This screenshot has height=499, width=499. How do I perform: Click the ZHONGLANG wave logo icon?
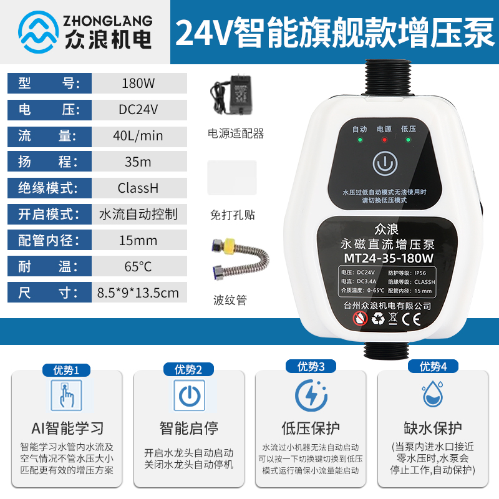39,31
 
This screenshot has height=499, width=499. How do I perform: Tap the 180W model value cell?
138,84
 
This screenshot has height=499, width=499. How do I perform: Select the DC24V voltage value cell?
138,110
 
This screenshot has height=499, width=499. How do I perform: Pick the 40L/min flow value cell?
138,136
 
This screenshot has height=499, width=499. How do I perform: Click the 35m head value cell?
138,162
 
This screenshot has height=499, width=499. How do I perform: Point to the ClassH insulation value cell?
138,188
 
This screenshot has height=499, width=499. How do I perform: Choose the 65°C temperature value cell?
138,266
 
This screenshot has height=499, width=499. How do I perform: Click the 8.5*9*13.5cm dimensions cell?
138,292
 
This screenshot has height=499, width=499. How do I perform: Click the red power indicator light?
384,140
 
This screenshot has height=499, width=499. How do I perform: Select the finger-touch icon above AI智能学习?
66,395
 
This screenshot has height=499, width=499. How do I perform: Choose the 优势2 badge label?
188,370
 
